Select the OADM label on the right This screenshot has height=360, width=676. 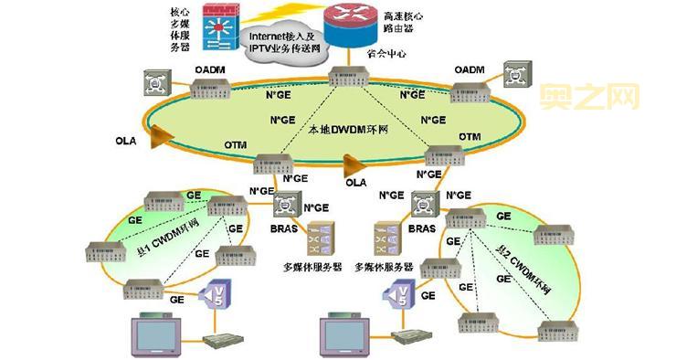(x=469, y=69)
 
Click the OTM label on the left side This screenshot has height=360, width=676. (x=236, y=145)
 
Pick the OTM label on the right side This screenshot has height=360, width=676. (x=469, y=137)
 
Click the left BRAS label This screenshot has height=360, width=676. (x=283, y=228)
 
